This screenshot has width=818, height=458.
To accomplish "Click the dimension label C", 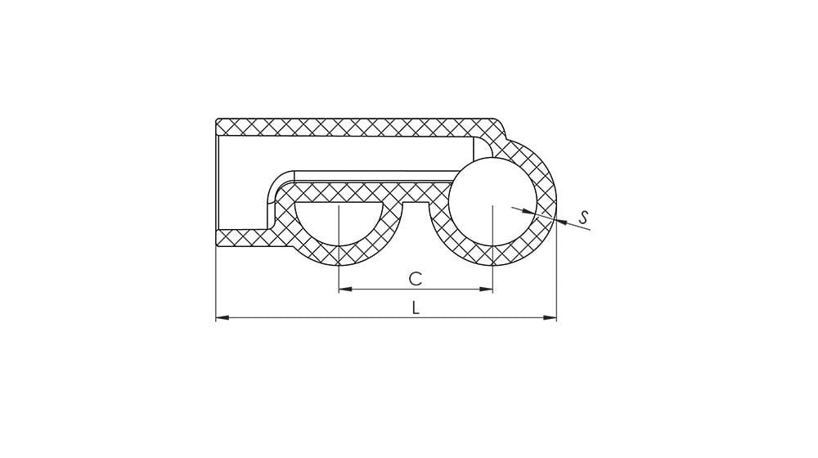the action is [415, 279].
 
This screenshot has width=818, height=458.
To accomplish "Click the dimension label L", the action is [416, 308].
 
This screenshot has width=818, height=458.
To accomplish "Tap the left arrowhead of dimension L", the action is [222, 317].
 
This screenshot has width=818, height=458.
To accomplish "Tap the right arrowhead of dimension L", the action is [550, 317].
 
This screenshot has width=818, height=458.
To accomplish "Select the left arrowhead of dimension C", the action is [346, 289].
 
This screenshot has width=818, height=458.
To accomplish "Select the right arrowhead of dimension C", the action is [486, 289].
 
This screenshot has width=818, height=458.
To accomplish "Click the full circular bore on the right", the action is [492, 202].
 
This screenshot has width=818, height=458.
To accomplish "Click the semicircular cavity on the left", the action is [339, 221].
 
